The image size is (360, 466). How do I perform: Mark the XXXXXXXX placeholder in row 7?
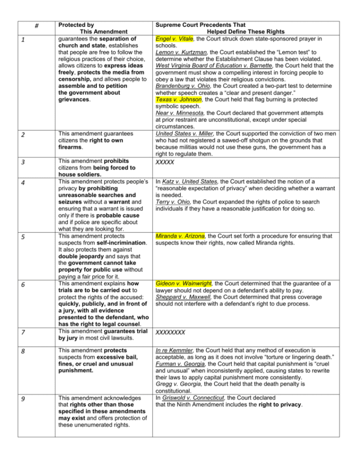point(170,332)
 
